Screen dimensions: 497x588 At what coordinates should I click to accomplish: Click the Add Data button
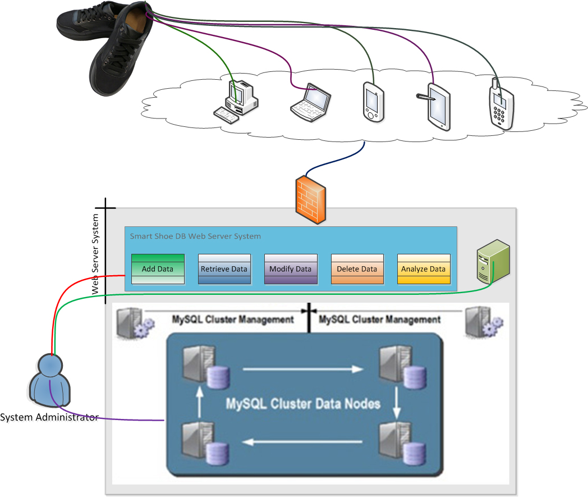click(158, 269)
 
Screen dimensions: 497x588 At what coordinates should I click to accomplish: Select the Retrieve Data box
click(224, 269)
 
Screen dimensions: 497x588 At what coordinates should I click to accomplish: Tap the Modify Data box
click(290, 269)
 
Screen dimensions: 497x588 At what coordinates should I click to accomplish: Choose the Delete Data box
click(357, 269)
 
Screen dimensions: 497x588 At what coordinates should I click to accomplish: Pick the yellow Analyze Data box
click(423, 269)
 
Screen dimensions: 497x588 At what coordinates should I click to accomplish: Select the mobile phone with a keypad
click(500, 105)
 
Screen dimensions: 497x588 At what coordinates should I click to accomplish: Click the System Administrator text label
click(49, 417)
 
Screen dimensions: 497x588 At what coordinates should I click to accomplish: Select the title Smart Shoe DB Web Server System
click(195, 236)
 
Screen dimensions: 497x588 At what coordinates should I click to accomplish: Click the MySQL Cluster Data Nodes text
click(303, 403)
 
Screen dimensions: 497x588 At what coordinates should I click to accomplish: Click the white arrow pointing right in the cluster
click(302, 370)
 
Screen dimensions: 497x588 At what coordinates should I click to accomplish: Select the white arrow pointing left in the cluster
click(302, 442)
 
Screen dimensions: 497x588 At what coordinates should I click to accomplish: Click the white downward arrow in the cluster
click(397, 404)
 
